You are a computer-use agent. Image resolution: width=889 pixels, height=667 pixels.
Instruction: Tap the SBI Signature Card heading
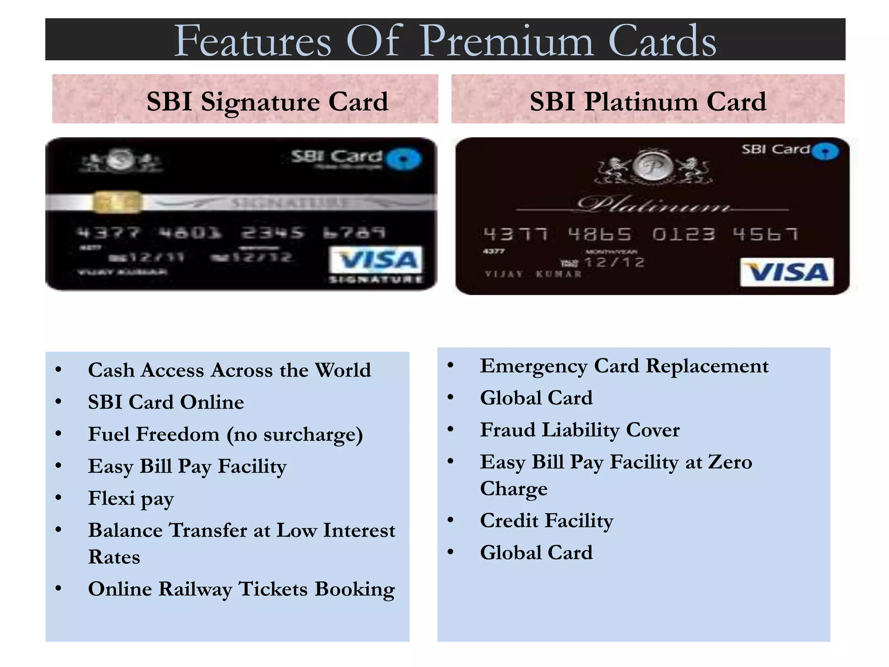(267, 102)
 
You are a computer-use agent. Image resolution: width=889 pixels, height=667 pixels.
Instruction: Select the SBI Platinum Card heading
(648, 102)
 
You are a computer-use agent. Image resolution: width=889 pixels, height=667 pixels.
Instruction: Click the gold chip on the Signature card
(118, 202)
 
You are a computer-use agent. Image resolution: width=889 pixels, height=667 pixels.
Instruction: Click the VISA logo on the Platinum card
(787, 272)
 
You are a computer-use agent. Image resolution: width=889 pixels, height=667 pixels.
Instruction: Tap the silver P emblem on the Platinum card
(652, 167)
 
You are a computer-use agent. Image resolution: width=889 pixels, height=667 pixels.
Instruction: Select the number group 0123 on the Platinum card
(683, 234)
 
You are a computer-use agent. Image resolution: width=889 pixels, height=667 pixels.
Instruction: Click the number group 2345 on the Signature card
(272, 233)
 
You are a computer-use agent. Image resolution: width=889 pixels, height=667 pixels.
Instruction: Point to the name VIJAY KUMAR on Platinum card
(533, 274)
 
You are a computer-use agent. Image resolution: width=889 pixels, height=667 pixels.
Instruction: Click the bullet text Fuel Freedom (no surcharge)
(225, 434)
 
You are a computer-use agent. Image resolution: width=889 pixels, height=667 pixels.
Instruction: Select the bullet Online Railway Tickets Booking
(241, 589)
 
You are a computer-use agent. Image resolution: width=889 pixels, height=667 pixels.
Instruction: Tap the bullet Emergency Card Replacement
(624, 366)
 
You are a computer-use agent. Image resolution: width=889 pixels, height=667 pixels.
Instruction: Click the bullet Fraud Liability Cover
(579, 430)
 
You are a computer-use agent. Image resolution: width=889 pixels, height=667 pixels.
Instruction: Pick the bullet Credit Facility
(547, 521)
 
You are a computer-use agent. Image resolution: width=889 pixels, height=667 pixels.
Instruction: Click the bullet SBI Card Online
(166, 402)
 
